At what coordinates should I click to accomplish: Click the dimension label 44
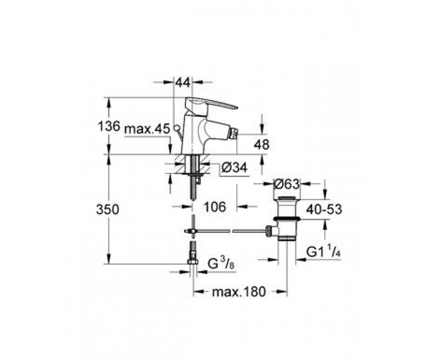click(183, 83)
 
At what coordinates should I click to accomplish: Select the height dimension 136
click(109, 126)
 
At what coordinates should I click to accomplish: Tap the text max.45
click(147, 129)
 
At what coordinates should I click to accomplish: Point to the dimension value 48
click(261, 144)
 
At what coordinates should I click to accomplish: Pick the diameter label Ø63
click(287, 184)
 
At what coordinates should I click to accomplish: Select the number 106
click(215, 207)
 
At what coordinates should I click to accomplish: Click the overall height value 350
click(108, 209)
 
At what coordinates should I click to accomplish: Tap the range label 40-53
click(324, 209)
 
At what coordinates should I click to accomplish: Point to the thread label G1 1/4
click(323, 252)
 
